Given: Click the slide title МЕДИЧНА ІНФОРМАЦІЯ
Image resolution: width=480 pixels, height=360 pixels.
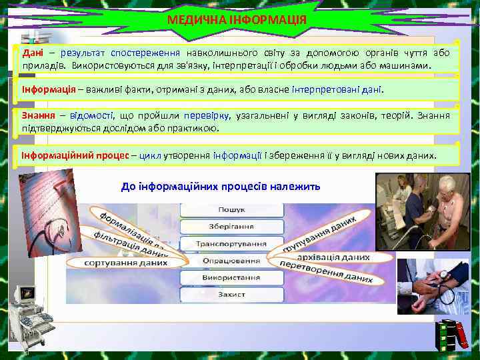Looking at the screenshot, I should [237, 20].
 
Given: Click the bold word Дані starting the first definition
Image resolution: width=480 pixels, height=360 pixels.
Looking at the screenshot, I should [33, 53].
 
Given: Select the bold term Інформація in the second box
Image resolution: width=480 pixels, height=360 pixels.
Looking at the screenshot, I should [47, 89].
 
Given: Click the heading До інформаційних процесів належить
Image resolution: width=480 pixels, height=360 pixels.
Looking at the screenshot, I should [221, 187].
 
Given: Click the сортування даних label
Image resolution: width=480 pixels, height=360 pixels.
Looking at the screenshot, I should [126, 263].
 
